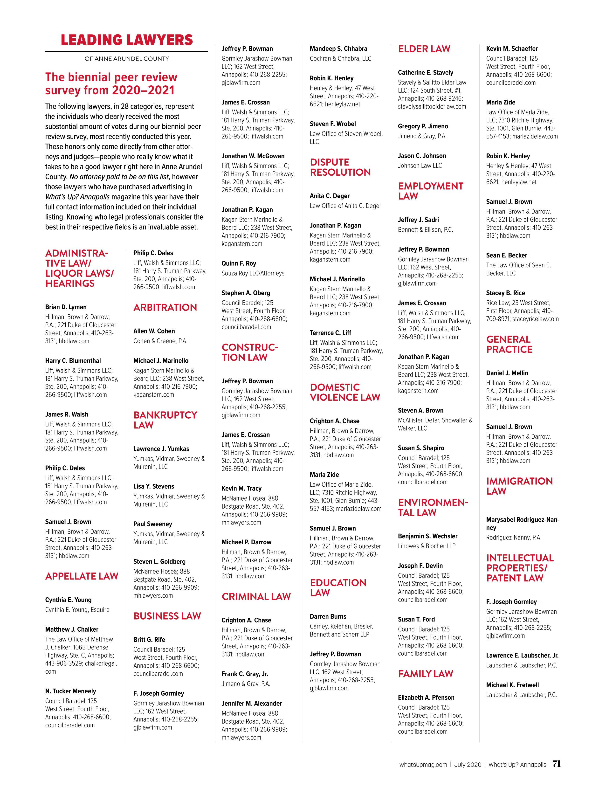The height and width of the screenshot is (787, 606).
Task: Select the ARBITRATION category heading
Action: click(x=165, y=307)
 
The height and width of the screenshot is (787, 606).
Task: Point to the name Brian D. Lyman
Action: click(x=66, y=307)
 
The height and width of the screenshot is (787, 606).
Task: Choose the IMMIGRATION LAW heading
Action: click(x=519, y=486)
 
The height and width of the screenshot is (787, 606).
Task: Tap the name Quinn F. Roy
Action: click(x=239, y=263)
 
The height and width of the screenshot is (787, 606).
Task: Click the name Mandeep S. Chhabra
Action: click(x=338, y=49)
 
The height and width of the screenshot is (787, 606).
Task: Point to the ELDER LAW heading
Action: click(x=424, y=49)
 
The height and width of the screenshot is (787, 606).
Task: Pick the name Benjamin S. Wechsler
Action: click(x=428, y=536)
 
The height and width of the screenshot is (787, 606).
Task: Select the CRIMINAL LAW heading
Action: click(x=256, y=597)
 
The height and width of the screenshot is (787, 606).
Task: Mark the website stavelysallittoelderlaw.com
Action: click(x=432, y=107)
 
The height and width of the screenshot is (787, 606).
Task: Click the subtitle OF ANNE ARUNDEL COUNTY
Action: click(x=127, y=59)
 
